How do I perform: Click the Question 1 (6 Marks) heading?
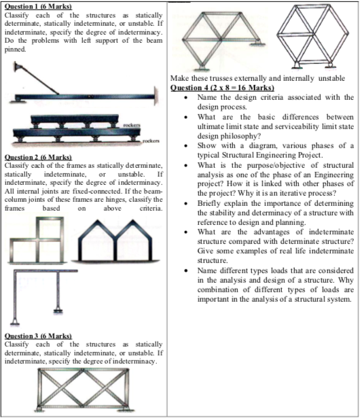(x=38, y=6)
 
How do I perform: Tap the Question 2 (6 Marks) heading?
(x=38, y=157)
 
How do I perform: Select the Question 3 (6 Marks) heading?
(x=38, y=336)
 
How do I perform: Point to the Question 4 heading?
(x=222, y=88)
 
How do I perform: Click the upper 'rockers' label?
(x=132, y=125)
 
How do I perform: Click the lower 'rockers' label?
(x=151, y=141)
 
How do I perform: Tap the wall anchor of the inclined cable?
(x=18, y=67)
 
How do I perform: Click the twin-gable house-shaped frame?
(x=115, y=241)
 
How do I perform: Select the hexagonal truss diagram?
(x=312, y=36)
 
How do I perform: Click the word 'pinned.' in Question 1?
(x=15, y=50)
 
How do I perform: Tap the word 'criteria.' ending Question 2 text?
(x=151, y=208)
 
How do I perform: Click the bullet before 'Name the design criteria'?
(x=186, y=98)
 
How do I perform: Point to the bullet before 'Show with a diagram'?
(x=186, y=146)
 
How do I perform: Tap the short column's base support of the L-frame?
(x=58, y=311)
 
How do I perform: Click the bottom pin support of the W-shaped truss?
(x=202, y=68)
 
